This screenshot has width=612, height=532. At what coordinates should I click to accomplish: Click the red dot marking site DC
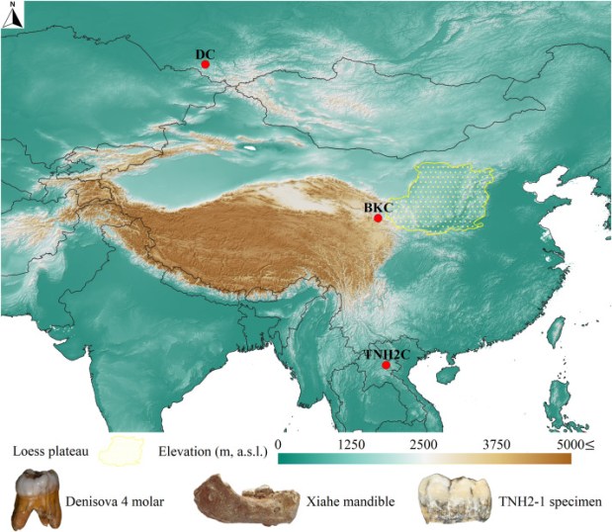(x=206, y=64)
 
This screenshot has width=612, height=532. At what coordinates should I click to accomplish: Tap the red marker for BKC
(x=378, y=219)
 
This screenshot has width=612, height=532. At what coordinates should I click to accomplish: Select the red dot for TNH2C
(x=372, y=365)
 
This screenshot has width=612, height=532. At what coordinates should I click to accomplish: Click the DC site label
(x=205, y=52)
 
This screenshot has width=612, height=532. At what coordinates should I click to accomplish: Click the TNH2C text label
(x=371, y=353)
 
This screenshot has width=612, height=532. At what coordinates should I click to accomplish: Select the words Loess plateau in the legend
(x=49, y=453)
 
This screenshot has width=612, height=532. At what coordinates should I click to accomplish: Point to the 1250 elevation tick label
(x=350, y=446)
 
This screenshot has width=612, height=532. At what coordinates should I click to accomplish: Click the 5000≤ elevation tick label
(x=573, y=446)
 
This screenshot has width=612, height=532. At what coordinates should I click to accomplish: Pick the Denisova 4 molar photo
(x=37, y=498)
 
